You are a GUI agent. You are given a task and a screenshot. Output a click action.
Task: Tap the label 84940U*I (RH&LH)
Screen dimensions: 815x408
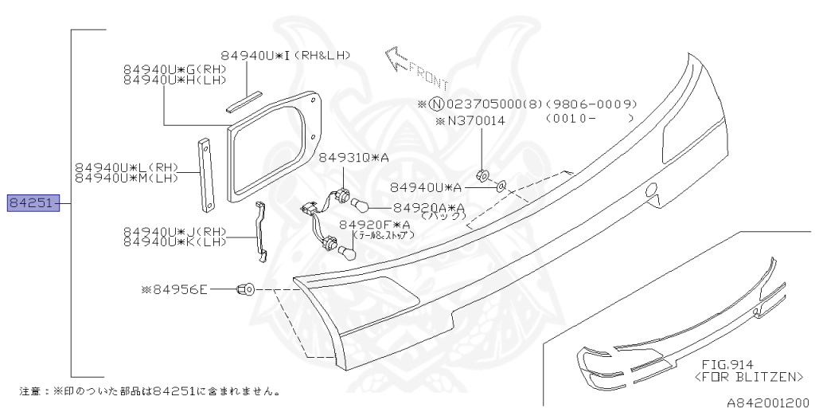pos(286,55)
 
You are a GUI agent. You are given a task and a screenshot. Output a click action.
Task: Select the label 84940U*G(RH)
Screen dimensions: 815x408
pos(174,69)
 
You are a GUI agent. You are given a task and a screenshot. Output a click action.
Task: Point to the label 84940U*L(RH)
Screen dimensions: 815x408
pos(127,168)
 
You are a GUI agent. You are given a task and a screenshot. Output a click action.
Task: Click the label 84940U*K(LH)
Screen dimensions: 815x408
pos(174,241)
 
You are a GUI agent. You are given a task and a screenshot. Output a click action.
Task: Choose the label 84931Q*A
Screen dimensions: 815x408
pos(353,159)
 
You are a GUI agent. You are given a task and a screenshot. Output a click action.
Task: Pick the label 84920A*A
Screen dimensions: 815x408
pos(429,207)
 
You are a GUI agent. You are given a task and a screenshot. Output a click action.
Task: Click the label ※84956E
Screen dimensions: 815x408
pos(174,289)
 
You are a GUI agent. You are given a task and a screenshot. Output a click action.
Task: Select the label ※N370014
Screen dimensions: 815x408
pos(469,121)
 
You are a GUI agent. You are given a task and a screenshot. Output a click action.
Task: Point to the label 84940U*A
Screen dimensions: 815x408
pos(426,187)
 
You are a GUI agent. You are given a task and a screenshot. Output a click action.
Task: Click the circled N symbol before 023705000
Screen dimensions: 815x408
pos(436,104)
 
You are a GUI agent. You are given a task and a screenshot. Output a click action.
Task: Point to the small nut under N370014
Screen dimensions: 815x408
pos(481,175)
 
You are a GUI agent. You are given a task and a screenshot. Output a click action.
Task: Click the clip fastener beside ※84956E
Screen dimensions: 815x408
pos(246,289)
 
